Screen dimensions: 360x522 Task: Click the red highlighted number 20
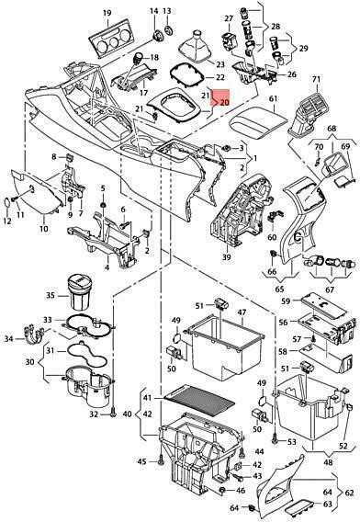225,102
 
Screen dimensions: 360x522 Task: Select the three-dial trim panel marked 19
111,39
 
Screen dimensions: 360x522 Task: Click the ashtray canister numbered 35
80,292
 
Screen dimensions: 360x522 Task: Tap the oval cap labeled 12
6,202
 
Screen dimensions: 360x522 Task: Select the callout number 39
227,257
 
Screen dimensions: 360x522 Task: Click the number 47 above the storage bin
242,312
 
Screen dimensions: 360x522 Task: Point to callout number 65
280,289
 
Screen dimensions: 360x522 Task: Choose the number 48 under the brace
328,462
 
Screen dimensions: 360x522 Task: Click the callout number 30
30,361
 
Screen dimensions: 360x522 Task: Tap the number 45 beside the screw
141,461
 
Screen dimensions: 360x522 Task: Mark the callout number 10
43,229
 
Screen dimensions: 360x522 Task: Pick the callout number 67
330,289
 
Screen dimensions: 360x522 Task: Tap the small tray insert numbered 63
298,503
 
